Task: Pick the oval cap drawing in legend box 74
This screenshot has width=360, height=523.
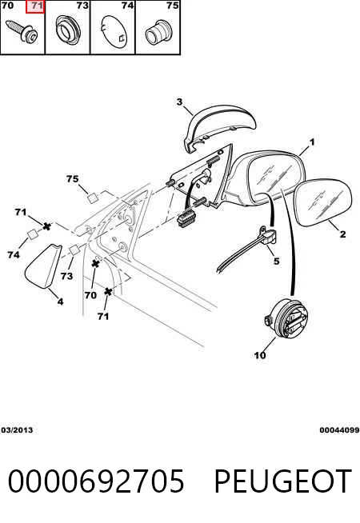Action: [x=114, y=32]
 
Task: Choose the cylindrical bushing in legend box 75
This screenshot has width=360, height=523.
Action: [x=158, y=32]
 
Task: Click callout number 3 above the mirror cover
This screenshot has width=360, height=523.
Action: [x=179, y=102]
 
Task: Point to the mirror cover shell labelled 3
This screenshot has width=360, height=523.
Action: [x=219, y=127]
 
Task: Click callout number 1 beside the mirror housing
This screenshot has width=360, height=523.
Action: [x=312, y=142]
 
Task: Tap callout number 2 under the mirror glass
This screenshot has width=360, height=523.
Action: [x=342, y=234]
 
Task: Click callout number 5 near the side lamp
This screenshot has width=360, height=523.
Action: [x=276, y=261]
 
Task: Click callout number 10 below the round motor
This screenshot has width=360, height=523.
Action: [x=260, y=355]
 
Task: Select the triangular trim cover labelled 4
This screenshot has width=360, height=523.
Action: [x=43, y=265]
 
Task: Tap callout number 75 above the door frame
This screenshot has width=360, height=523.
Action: [x=73, y=179]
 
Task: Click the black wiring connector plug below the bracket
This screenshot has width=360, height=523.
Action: [x=187, y=218]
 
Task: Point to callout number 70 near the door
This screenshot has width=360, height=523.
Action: [x=90, y=295]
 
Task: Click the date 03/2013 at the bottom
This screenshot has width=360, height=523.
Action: [x=18, y=429]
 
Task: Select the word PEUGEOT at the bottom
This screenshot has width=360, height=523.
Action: [x=282, y=481]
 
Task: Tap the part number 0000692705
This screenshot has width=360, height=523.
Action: [x=96, y=481]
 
